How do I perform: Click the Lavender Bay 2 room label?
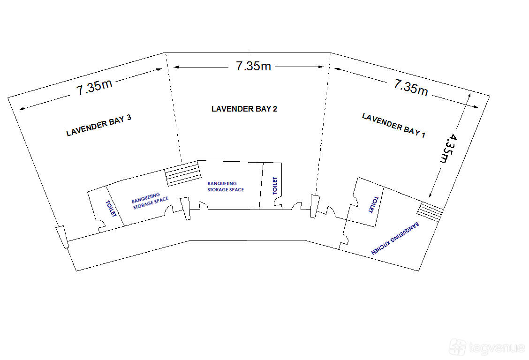coord(244,109)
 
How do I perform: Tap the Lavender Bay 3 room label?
coord(98,126)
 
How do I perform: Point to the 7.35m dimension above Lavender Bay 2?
coord(253,66)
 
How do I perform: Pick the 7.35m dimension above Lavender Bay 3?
coord(94,87)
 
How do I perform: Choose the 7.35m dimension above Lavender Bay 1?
coord(411,88)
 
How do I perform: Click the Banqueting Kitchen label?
coord(395,238)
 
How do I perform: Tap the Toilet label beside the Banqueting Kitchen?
coord(373,204)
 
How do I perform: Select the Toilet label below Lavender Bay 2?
coord(275,186)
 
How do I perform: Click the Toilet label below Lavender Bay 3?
coord(111,209)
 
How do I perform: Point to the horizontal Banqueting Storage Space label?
coord(226,187)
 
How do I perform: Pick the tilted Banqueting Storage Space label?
coord(150,201)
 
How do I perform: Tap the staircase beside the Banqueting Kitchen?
coord(430,212)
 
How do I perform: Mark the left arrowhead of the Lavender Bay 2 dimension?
coord(176,67)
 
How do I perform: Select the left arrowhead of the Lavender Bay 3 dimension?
coord(22,109)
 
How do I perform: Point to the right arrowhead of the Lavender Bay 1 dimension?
coord(476,107)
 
